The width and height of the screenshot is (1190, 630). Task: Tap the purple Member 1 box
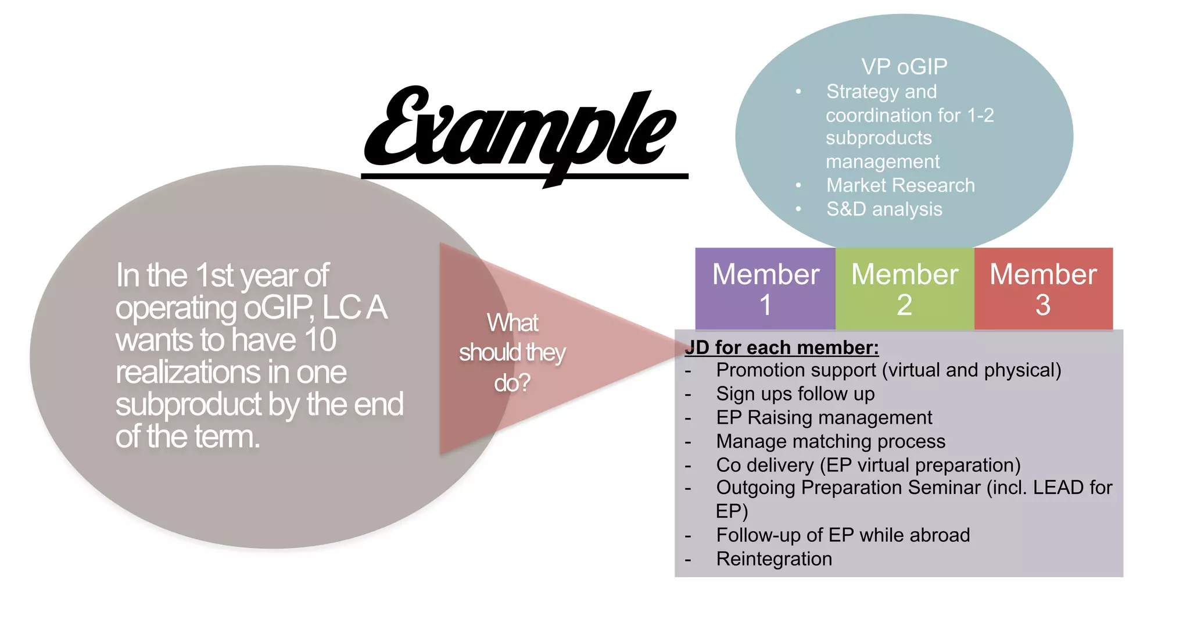point(765,289)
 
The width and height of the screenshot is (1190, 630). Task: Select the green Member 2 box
point(904,289)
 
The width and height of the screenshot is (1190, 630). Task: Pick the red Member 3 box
point(1043,289)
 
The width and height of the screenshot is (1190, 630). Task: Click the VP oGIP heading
point(904,67)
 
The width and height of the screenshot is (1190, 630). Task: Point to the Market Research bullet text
point(900,185)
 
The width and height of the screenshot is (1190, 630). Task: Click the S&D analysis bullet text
point(884,209)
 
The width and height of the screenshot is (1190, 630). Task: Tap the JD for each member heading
point(782,348)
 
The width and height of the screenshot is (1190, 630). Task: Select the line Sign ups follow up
point(795,394)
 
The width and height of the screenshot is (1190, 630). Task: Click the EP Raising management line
point(823,418)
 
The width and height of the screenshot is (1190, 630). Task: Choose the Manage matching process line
point(830,442)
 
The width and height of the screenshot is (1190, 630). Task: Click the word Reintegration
point(773,559)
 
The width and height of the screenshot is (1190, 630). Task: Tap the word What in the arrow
point(512,323)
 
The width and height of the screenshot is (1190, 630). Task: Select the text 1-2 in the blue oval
point(980,115)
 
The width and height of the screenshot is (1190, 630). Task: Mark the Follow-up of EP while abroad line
point(843,535)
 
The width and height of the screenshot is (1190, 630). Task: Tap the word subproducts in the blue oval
point(879,138)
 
